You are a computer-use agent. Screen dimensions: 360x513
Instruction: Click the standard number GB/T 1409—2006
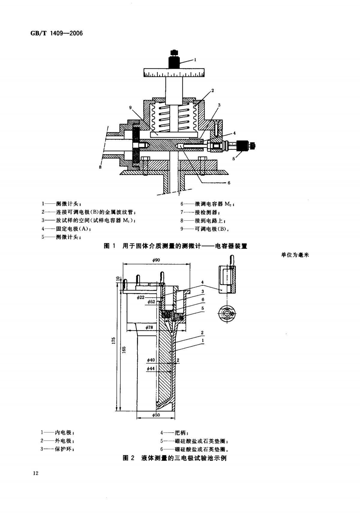pos(56,33)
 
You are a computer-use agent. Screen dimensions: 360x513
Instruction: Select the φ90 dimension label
pos(156,260)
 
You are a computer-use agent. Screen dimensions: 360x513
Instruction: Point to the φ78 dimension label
pos(149,327)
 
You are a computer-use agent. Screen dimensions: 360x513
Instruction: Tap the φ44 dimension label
pos(151,369)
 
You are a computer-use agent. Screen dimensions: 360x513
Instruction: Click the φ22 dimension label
pos(140,297)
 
